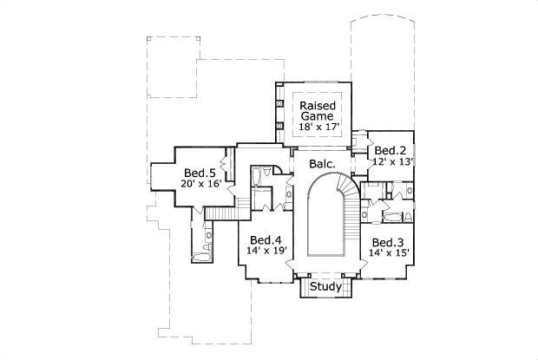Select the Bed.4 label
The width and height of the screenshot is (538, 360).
pos(265,240)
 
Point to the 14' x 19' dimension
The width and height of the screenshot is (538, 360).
pos(266,252)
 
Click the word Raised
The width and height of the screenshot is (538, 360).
pos(318,106)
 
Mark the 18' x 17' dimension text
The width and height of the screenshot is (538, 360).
pos(318,128)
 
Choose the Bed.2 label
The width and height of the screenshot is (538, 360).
pos(391,149)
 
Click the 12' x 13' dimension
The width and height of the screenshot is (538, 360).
pos(391,160)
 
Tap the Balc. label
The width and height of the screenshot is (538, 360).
pos(311,161)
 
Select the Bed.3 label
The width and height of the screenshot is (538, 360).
pos(387,242)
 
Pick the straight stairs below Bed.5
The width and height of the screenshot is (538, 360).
pos(225,214)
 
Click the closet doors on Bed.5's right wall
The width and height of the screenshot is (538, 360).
pos(224,164)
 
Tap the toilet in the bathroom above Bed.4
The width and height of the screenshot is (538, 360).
pos(256,179)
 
